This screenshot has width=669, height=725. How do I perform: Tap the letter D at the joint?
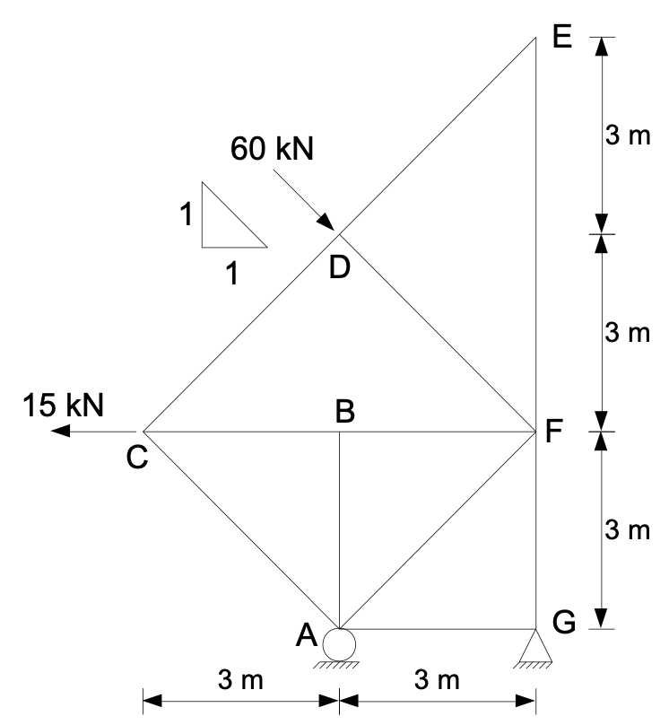click(x=338, y=267)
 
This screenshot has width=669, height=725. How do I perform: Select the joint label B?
click(x=345, y=411)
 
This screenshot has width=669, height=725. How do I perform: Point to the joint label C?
click(x=136, y=459)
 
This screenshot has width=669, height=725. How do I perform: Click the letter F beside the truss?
click(x=553, y=432)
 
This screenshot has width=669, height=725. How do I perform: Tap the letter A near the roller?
click(x=306, y=635)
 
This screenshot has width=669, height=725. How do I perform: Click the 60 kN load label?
click(x=272, y=148)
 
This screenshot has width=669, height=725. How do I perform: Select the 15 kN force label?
click(x=63, y=404)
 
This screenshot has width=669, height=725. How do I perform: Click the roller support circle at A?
click(x=339, y=643)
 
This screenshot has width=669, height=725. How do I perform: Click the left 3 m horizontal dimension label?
click(x=240, y=681)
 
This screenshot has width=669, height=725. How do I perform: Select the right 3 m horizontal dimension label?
click(x=437, y=681)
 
